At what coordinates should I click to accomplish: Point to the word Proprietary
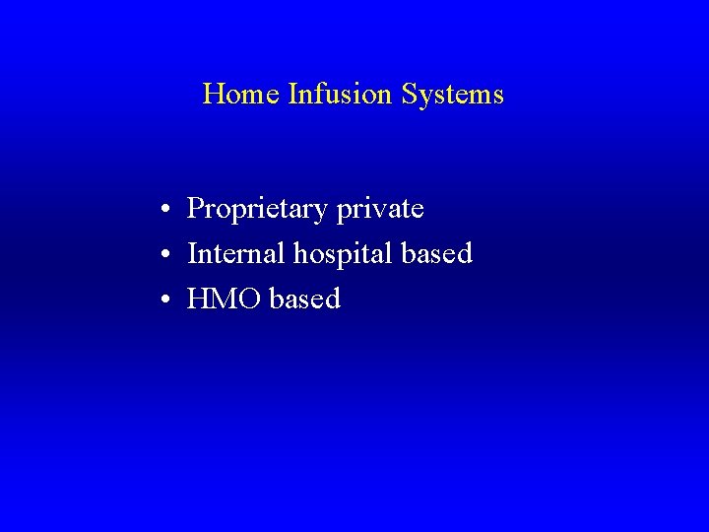(258, 210)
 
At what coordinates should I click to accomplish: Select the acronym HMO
(224, 299)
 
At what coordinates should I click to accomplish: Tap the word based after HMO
(304, 299)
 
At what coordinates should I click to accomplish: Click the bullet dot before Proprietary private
(170, 211)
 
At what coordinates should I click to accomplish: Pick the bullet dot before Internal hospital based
(170, 255)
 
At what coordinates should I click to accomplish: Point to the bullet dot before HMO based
(170, 299)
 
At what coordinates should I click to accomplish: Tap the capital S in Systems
(409, 95)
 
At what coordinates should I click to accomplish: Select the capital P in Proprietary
(195, 209)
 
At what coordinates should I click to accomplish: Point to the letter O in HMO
(249, 299)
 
